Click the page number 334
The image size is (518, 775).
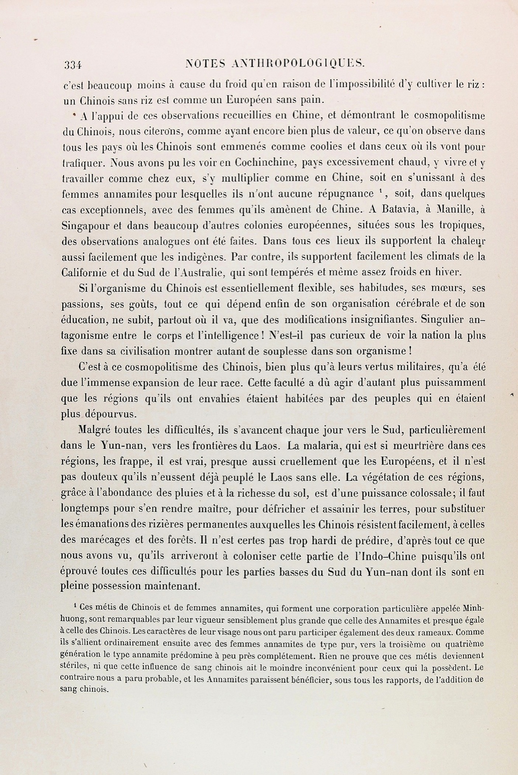click(73, 65)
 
